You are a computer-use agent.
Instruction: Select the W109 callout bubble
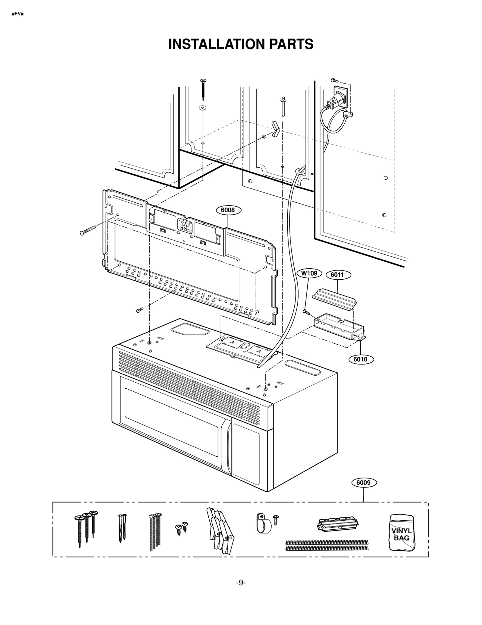(x=309, y=273)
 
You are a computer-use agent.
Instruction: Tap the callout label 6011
(x=337, y=275)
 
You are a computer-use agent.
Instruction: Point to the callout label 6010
(x=360, y=359)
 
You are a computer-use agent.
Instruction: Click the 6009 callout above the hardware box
(x=363, y=482)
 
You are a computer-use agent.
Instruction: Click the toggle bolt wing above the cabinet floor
(x=275, y=129)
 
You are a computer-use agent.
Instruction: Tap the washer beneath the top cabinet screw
(x=203, y=107)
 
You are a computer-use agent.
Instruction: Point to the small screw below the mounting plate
(x=139, y=310)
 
